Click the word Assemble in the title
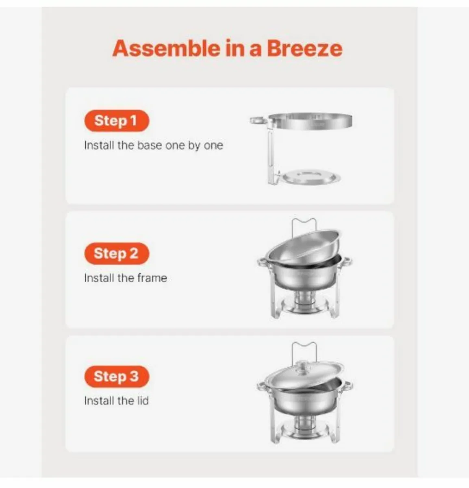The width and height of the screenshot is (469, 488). coord(165,48)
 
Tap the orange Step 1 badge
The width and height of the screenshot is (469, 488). coord(116,121)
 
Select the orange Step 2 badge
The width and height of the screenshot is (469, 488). coord(116,253)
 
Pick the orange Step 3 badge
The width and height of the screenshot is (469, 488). coord(116,376)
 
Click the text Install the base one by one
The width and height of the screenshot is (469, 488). coord(153,146)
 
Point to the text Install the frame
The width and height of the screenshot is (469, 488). coord(125,278)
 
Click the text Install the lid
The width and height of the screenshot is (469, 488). coord(116,401)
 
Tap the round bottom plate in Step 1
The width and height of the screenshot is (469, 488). coord(311,178)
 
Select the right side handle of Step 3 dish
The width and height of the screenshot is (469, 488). coord(347,386)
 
